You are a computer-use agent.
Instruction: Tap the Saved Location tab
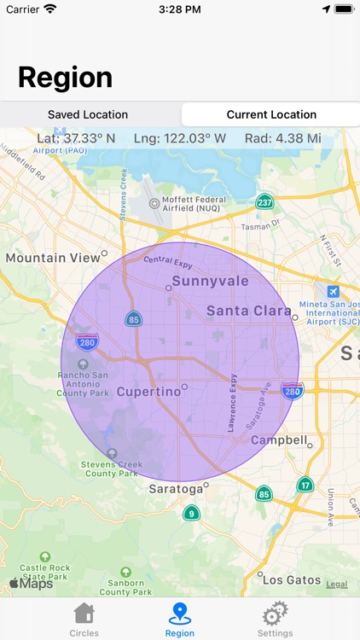(88, 114)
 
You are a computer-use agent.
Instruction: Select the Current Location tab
(271, 114)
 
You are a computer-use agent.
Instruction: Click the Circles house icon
(84, 614)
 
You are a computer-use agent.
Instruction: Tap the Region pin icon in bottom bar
(179, 614)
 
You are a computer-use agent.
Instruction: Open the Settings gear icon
(275, 614)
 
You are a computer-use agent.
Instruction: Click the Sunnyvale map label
(211, 281)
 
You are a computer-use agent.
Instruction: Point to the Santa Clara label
(249, 311)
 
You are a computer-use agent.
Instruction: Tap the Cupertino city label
(148, 392)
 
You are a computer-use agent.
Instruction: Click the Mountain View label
(53, 257)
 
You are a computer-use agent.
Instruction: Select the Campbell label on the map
(279, 440)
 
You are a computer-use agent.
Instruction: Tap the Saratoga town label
(176, 489)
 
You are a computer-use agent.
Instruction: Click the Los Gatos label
(290, 579)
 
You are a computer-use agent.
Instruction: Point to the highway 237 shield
(264, 202)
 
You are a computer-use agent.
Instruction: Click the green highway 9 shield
(192, 513)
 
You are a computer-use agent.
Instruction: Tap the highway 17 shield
(305, 485)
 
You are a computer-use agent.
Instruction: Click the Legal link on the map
(336, 585)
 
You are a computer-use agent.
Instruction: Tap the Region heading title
(65, 78)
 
